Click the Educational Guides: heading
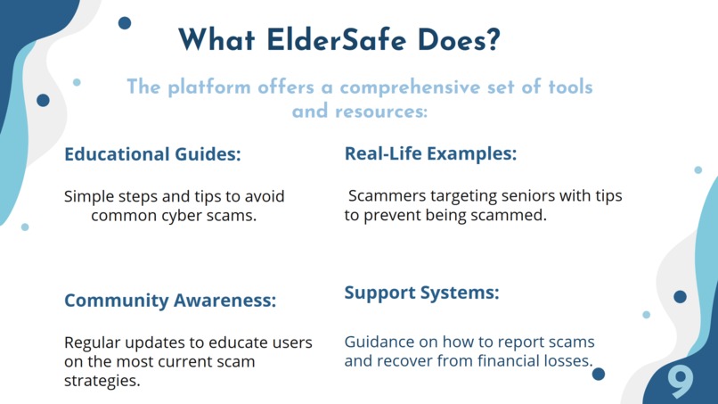tap(152, 154)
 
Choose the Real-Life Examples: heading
tap(430, 153)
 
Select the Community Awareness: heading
tap(170, 301)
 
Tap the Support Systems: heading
tap(421, 293)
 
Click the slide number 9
tap(681, 382)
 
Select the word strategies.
tap(101, 381)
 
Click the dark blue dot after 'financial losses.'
tap(599, 374)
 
